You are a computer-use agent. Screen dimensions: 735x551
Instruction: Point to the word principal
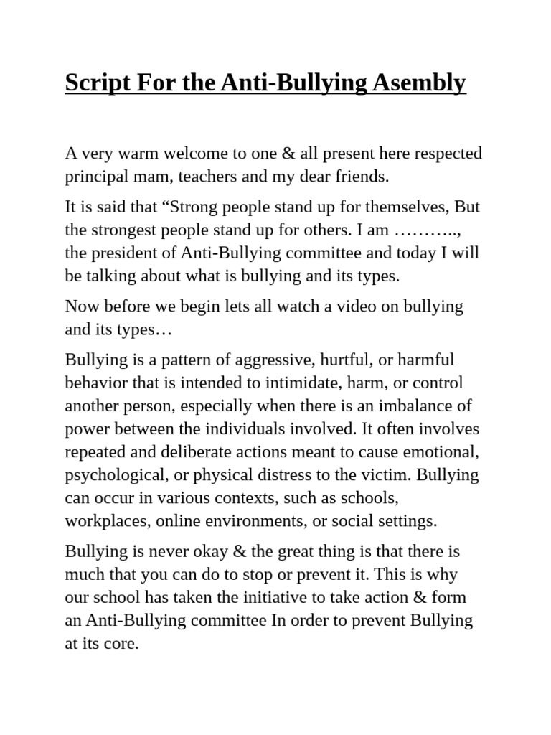95,177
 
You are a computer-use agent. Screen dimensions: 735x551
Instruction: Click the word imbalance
415,406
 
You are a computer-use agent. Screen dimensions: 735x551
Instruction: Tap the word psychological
108,475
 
